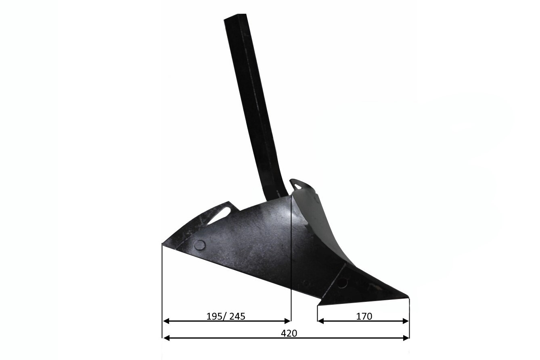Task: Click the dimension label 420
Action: coord(289,333)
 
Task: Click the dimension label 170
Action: coord(364,316)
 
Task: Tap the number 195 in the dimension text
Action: coord(214,316)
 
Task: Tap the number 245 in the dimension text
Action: coord(237,316)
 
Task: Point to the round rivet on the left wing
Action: coord(200,245)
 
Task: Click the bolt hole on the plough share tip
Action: coord(342,283)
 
